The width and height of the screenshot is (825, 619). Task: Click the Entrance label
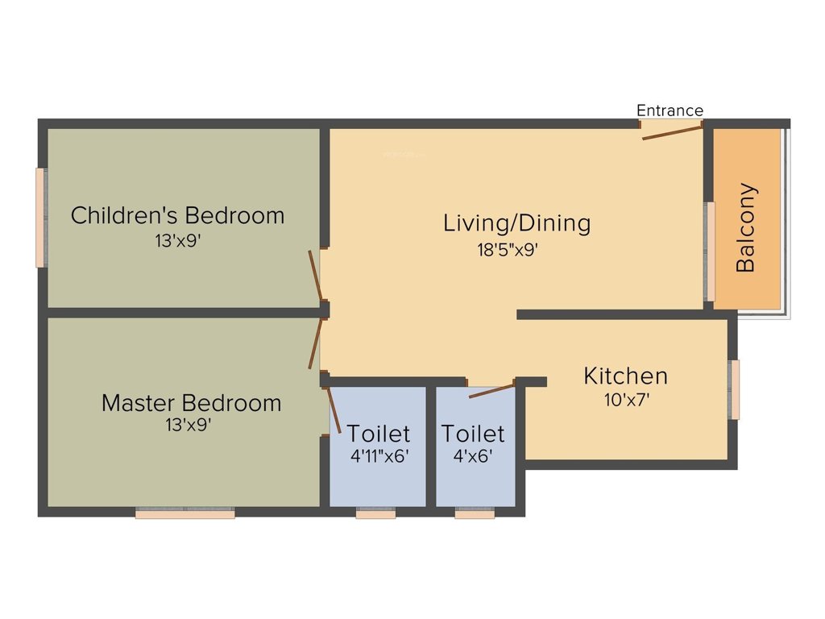pos(670,110)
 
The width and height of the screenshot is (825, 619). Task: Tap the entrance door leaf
pos(672,131)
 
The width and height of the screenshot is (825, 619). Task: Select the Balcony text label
pos(747,228)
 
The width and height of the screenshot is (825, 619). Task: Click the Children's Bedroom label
pos(177,216)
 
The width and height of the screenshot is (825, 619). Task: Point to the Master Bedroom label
pos(191,403)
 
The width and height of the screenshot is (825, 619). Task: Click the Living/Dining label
pos(516,223)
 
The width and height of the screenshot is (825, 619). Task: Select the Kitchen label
pos(625,376)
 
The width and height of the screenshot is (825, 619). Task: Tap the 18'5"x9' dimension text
pos(507,250)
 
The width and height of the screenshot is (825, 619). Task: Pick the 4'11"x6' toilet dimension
pos(379,455)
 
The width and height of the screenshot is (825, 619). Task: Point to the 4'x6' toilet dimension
pos(473,455)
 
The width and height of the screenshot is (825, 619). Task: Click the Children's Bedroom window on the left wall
pos(40,217)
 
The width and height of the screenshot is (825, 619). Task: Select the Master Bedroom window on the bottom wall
pos(184,513)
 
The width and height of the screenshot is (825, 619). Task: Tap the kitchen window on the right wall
pos(734,390)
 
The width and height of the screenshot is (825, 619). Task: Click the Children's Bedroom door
pos(316,275)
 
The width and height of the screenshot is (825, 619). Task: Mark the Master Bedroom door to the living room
pos(316,343)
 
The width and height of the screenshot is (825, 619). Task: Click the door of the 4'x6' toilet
pos(491,391)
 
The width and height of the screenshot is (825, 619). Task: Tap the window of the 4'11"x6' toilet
pos(375,513)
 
